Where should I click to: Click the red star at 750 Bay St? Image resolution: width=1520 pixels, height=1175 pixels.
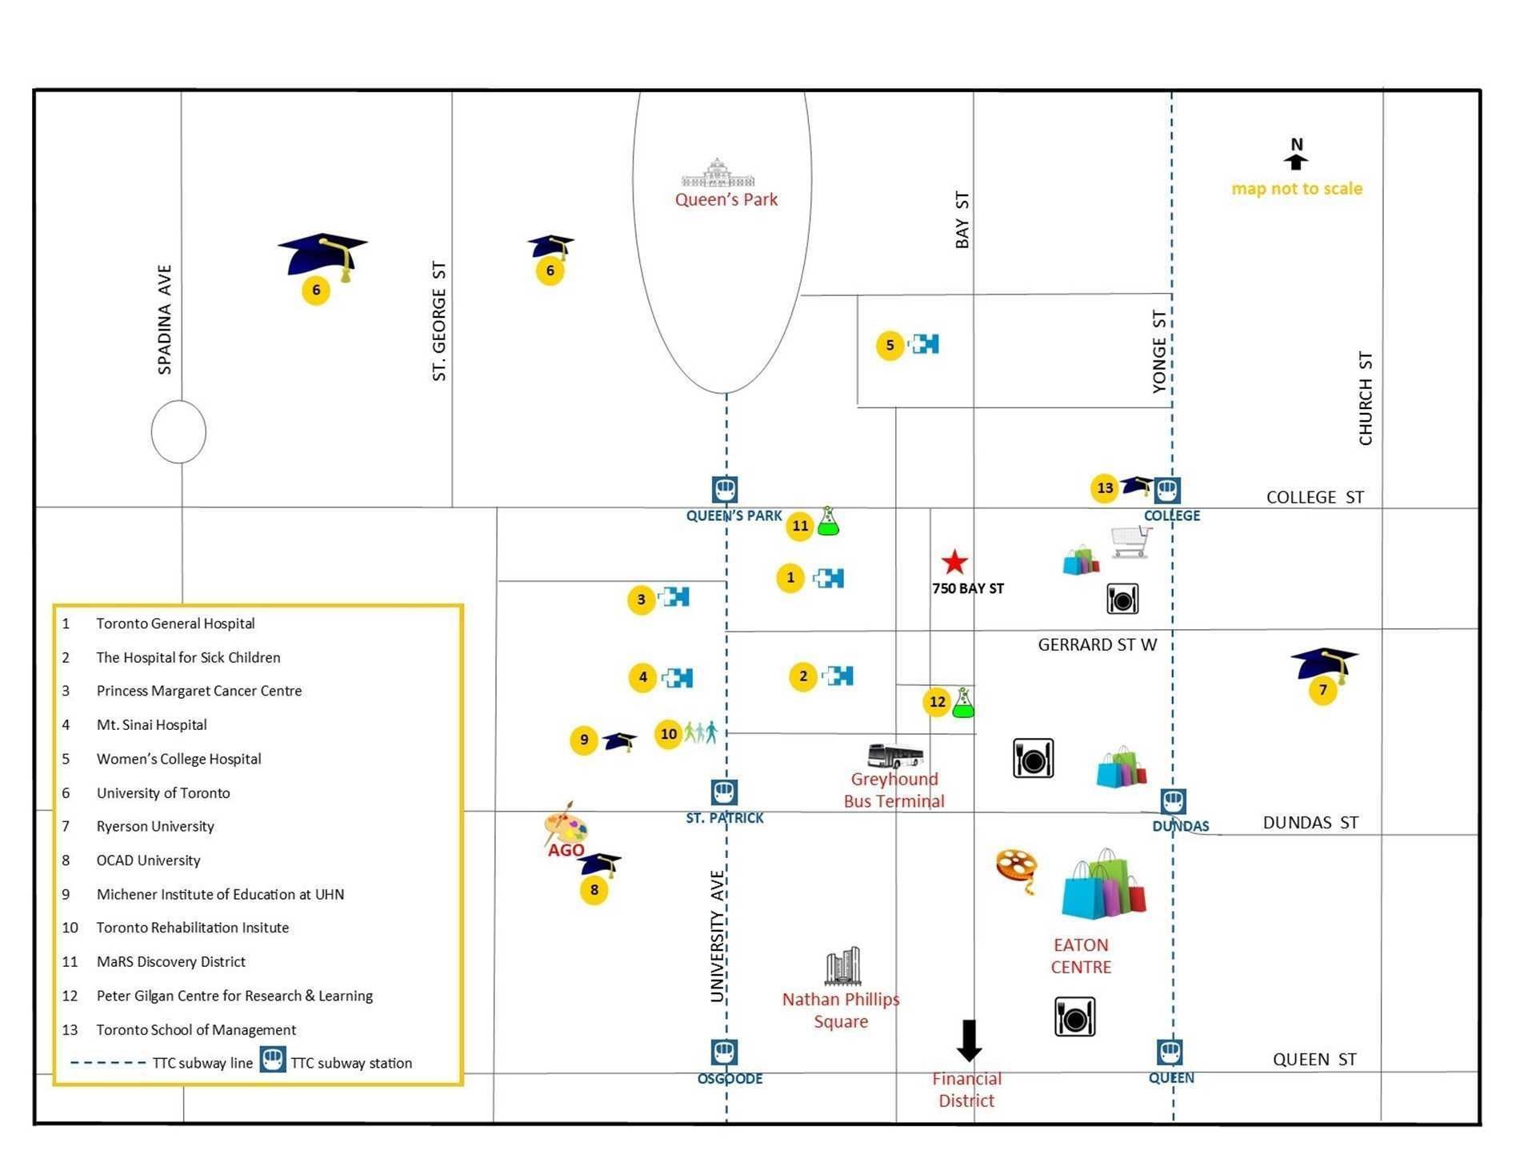954,562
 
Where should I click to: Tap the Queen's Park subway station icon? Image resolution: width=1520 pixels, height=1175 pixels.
725,489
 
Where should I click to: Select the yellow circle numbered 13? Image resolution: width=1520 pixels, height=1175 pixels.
1104,488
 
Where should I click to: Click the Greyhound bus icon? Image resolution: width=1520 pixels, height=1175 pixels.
895,756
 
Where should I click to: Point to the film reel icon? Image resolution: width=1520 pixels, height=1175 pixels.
1017,870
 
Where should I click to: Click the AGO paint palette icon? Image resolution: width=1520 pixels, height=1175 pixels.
566,824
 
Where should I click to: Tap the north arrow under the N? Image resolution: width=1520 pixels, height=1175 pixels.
1296,162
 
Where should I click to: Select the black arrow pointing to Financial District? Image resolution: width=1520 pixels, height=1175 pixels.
970,1041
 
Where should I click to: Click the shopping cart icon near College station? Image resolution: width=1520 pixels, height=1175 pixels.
1131,541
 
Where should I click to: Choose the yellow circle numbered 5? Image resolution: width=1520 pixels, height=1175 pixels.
890,346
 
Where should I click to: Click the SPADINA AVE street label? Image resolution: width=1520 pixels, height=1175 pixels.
165,320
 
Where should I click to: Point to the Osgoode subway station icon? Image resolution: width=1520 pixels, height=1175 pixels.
724,1052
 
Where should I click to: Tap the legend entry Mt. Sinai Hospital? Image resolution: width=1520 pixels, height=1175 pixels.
152,725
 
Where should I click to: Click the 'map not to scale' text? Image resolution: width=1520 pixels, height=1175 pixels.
1297,189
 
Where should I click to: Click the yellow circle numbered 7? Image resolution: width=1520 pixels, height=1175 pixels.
1322,690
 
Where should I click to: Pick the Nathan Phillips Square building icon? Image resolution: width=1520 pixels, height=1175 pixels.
842,966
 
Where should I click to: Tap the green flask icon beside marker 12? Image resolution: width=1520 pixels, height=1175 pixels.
963,702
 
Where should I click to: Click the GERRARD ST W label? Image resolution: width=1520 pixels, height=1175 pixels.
1098,645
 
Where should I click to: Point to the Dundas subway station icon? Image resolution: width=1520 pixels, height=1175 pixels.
1173,801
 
